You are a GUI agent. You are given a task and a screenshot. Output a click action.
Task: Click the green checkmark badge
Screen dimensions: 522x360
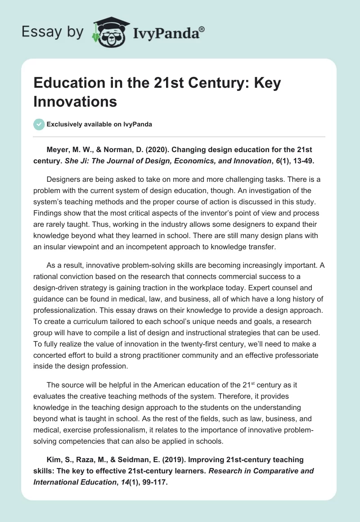pyautogui.click(x=39, y=124)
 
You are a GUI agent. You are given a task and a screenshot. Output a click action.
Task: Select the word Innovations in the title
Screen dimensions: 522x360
pyautogui.click(x=76, y=101)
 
